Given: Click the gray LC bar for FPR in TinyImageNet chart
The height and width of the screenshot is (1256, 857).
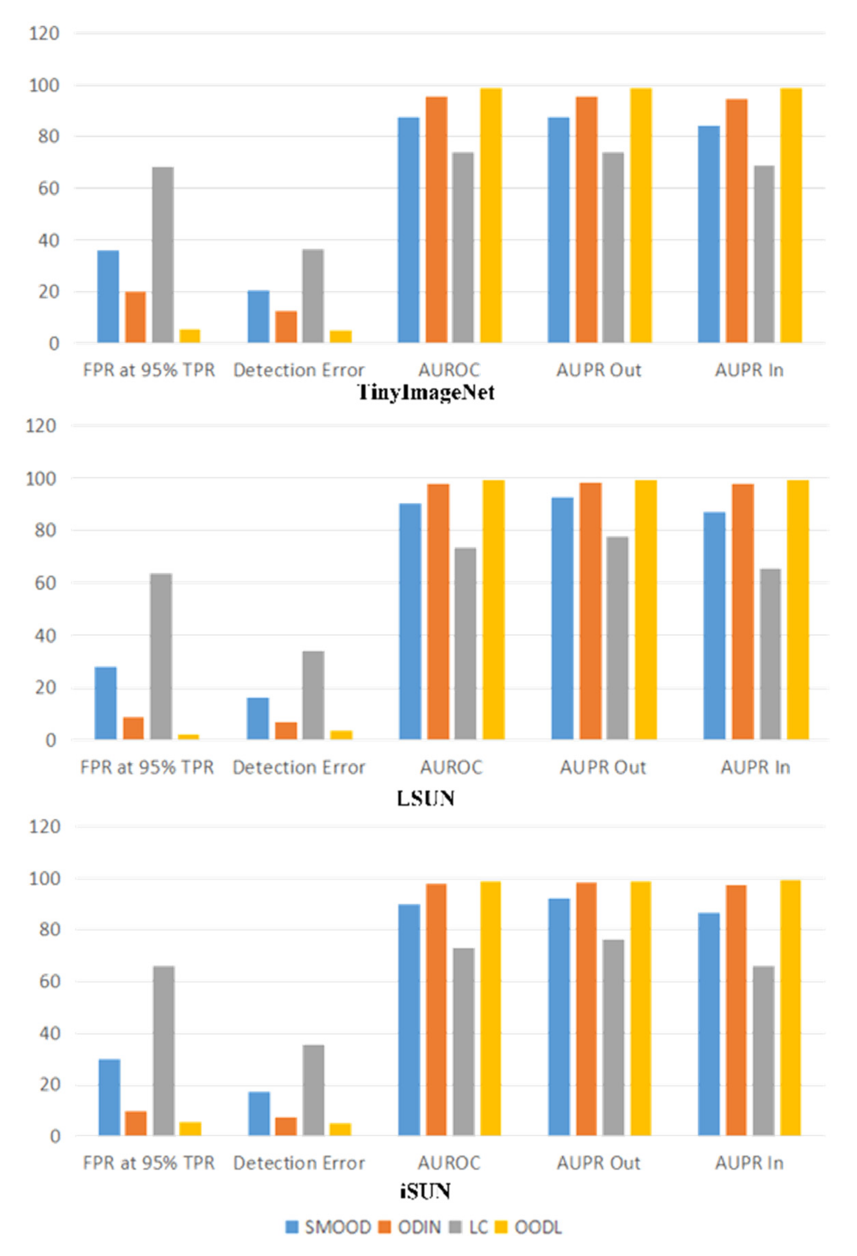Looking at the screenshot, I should click(163, 254).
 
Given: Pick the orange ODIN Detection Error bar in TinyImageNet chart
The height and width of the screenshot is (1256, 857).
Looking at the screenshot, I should click(286, 326).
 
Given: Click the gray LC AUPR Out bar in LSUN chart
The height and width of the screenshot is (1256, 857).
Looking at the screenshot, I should click(617, 638).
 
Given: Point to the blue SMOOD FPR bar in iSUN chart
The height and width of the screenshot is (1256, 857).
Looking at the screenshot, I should click(109, 1097).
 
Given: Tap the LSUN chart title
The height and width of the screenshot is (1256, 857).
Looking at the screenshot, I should click(426, 798).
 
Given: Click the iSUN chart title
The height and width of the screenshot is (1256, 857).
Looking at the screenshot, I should click(426, 1191).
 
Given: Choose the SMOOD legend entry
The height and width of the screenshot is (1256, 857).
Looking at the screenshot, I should click(328, 1227).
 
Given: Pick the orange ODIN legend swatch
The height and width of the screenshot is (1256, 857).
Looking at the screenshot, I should click(385, 1227).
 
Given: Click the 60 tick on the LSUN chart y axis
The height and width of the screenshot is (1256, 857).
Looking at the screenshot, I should click(41, 583).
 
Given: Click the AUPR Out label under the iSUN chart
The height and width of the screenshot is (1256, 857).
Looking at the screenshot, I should click(599, 1163).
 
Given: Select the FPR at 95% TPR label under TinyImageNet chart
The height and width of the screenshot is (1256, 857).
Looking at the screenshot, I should click(149, 370).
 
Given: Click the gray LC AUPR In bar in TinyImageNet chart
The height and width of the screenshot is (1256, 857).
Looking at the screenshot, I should click(764, 254).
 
